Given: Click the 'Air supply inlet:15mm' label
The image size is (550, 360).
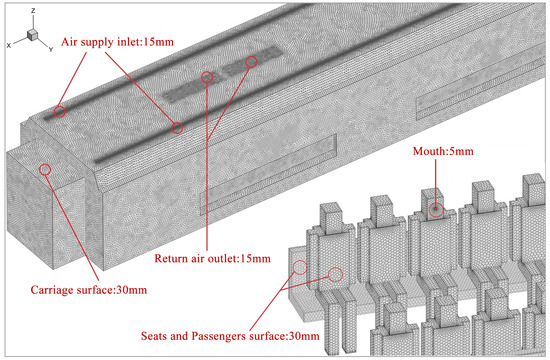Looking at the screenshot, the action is (x=117, y=42).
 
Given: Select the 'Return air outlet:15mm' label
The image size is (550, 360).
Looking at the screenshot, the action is (x=213, y=259).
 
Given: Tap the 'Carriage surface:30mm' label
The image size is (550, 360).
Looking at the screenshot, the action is (x=89, y=290).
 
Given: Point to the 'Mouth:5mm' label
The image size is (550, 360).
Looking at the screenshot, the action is (x=443, y=151).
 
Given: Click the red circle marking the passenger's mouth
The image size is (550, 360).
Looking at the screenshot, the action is (x=436, y=209).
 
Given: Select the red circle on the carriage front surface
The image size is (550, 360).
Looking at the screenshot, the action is (x=45, y=170).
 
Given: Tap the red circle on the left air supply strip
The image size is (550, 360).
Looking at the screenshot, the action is (x=60, y=112).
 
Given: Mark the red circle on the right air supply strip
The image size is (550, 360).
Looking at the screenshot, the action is (x=177, y=128).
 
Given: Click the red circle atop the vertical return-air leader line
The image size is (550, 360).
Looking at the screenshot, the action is (x=207, y=77).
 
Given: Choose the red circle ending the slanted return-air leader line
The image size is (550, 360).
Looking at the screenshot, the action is (x=251, y=62).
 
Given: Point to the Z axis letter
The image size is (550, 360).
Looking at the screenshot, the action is (x=33, y=11).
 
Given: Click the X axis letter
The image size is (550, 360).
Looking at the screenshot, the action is (x=9, y=45).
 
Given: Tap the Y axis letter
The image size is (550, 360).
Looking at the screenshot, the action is (x=51, y=49).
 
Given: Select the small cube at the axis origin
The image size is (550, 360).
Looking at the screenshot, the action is (x=32, y=35).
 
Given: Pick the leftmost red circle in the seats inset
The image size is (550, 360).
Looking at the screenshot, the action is (x=300, y=267).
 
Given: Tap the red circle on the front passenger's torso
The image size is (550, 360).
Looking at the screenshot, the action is (x=335, y=275).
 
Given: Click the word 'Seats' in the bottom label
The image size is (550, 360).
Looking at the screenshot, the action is (x=153, y=336).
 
